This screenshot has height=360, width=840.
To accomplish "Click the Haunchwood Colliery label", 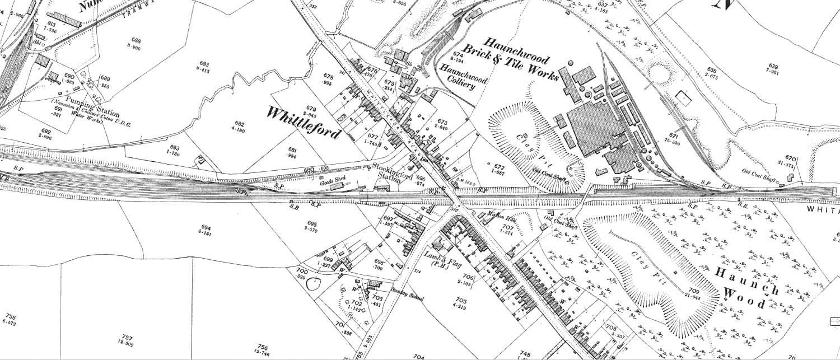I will pos(463,76).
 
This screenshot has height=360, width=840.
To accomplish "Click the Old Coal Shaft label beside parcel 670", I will pos(759,171).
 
